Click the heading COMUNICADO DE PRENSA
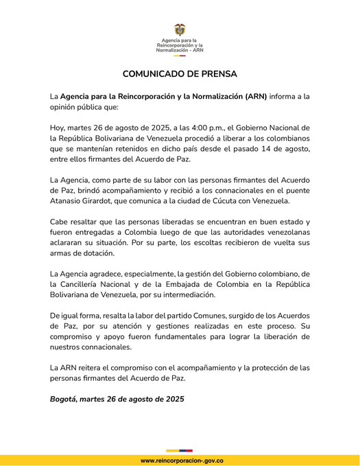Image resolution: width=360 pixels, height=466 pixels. point(180,73)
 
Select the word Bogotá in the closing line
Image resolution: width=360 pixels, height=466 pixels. point(64,399)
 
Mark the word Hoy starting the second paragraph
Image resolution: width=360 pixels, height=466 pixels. point(58,128)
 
